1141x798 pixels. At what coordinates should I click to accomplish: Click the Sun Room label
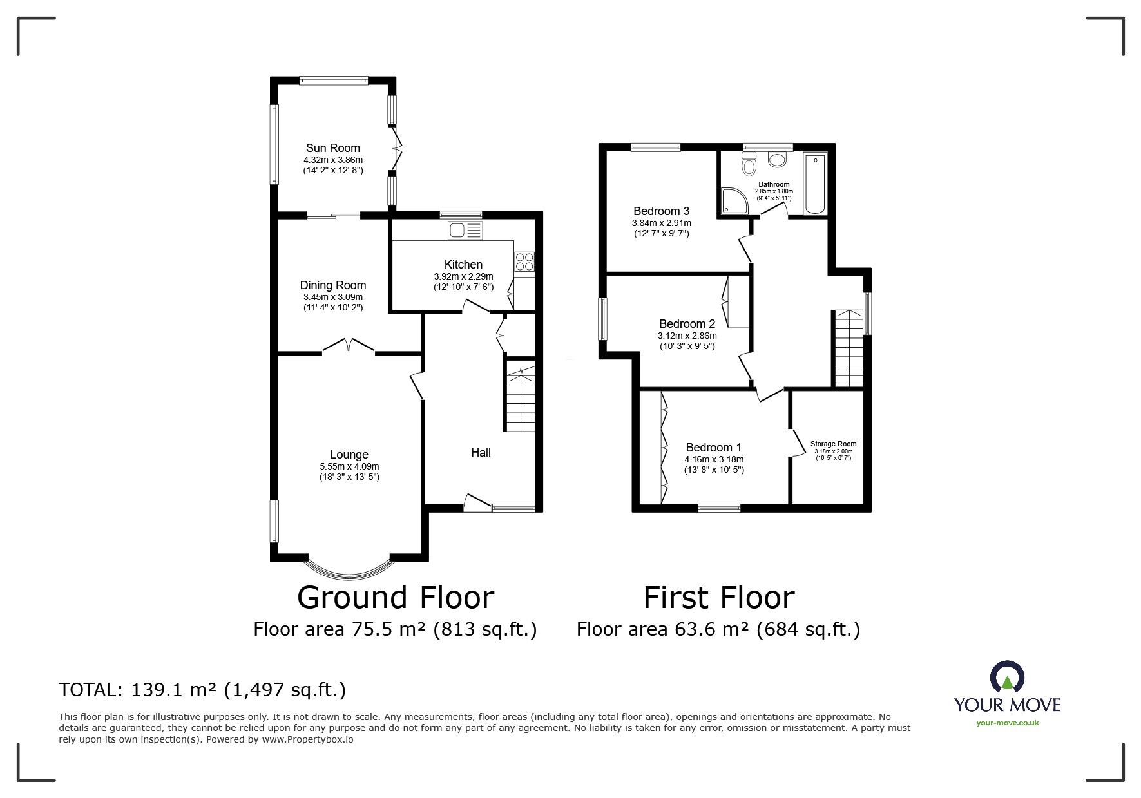point(332,148)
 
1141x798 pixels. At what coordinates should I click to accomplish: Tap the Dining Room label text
point(332,285)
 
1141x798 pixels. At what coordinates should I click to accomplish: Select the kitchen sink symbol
point(466,230)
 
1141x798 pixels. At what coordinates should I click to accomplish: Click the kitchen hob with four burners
point(524,261)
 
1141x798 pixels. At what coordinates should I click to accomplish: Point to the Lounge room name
point(349,455)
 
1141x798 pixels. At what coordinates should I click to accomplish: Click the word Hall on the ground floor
point(481,453)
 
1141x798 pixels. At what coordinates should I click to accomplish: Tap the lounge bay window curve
point(349,572)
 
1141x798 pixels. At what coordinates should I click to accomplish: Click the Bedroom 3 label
point(661,211)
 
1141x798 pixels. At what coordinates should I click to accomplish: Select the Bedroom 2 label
point(687,324)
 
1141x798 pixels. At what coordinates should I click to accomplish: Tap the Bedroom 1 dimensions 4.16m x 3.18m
point(714,459)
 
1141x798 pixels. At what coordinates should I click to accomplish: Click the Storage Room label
point(833,444)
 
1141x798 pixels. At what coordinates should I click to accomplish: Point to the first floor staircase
point(848,348)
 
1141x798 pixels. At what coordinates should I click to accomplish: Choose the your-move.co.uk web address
point(1008,723)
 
